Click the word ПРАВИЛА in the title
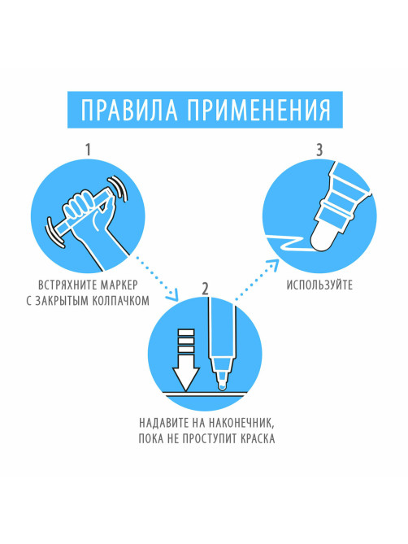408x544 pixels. pyautogui.click(x=129, y=110)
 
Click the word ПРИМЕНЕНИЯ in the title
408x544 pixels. pyautogui.click(x=258, y=110)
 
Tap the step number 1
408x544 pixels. pyautogui.click(x=88, y=150)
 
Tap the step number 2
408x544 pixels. pyautogui.click(x=205, y=289)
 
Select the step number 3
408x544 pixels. pyautogui.click(x=319, y=150)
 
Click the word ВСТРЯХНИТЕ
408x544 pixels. pyautogui.click(x=67, y=285)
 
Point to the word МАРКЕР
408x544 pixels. pyautogui.click(x=119, y=285)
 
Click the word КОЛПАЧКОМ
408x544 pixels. pyautogui.click(x=120, y=300)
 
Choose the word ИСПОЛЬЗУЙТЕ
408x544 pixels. pyautogui.click(x=319, y=285)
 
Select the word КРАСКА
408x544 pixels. pyautogui.click(x=257, y=438)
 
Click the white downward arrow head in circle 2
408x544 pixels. pyautogui.click(x=186, y=378)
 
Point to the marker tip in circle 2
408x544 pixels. pyautogui.click(x=222, y=385)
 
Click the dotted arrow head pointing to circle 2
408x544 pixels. pyautogui.click(x=172, y=296)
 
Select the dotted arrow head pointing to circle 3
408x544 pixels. pyautogui.click(x=274, y=264)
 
